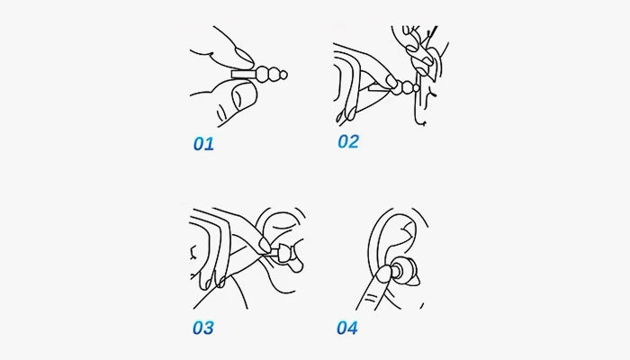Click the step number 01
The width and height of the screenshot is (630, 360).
click(203, 144)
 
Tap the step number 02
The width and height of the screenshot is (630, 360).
click(348, 141)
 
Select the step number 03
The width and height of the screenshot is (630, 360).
click(203, 328)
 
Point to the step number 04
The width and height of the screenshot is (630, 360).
click(347, 328)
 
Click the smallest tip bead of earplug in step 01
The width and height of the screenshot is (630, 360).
click(283, 75)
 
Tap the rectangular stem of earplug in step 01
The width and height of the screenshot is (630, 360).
click(242, 75)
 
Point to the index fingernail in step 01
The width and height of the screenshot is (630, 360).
click(244, 57)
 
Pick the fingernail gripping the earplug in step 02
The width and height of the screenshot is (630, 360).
click(391, 82)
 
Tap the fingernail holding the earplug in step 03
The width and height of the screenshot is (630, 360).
click(265, 244)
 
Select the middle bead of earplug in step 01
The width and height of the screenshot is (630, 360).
click(274, 75)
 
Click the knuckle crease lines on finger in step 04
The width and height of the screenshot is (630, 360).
click(372, 297)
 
